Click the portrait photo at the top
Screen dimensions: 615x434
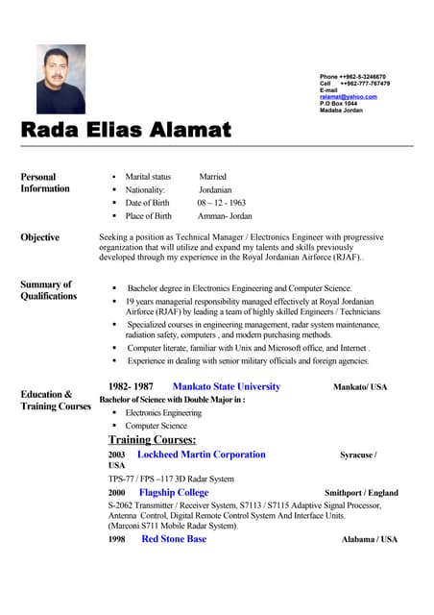(x=60, y=81)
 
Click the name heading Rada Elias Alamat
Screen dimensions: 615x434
(x=126, y=129)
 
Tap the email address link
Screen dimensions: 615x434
(x=348, y=97)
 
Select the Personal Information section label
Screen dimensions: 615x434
(x=45, y=183)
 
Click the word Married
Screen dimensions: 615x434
(x=212, y=177)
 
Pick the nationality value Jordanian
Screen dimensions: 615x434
(x=214, y=190)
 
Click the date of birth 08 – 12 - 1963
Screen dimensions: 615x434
(x=222, y=203)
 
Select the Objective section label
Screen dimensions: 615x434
(x=39, y=237)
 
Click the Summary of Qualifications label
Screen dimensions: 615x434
(x=48, y=290)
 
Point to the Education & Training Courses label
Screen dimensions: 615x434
(x=56, y=400)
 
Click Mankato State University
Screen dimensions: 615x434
(x=226, y=386)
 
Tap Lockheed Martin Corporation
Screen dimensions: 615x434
(x=202, y=455)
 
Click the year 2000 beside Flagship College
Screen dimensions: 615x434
(x=116, y=492)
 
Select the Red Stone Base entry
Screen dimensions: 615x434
(x=174, y=539)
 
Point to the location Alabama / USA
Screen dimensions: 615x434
(x=369, y=540)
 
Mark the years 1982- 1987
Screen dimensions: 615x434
(x=131, y=386)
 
